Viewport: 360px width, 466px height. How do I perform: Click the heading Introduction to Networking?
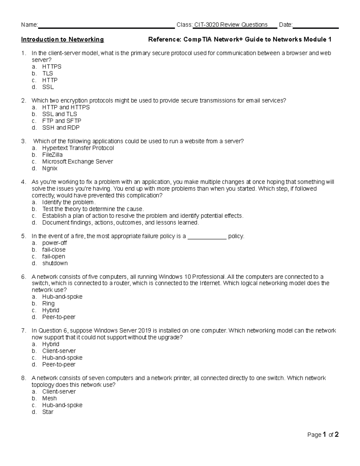62,39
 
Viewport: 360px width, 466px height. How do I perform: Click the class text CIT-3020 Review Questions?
231,25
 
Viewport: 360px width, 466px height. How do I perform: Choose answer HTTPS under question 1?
52,67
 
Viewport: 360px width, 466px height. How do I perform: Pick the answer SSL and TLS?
59,114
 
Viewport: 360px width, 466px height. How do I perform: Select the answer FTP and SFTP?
61,121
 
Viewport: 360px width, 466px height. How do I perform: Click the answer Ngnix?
50,168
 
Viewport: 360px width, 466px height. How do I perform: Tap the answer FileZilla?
52,155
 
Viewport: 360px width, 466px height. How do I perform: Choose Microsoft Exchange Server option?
77,161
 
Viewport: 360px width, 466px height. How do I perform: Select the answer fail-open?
54,257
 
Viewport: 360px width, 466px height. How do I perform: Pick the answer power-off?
55,243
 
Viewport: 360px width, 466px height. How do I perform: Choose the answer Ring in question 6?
48,303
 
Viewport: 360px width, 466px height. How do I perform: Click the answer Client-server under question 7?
59,351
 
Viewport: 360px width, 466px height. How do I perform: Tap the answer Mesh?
49,398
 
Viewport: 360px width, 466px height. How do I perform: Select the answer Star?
48,412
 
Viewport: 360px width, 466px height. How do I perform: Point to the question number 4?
23,182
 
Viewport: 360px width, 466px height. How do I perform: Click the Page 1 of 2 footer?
323,434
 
